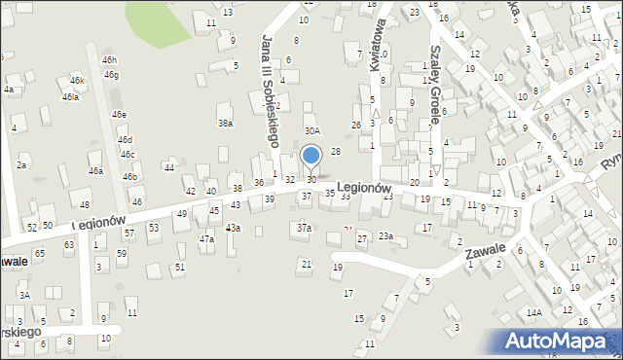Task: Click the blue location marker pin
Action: [x=311, y=156]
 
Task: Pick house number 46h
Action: [x=109, y=60]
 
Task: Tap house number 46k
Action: [x=77, y=80]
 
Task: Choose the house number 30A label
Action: [x=311, y=130]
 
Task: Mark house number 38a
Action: [x=226, y=124]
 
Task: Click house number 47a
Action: [x=206, y=238]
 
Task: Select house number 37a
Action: [x=304, y=228]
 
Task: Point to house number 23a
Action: [x=385, y=236]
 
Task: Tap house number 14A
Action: [x=533, y=312]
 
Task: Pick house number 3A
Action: [x=24, y=295]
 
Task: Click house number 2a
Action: [x=21, y=165]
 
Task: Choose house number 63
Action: [x=69, y=245]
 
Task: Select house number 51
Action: [x=180, y=267]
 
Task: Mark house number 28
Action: [x=336, y=151]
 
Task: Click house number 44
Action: [x=169, y=168]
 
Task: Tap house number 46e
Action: [x=119, y=115]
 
